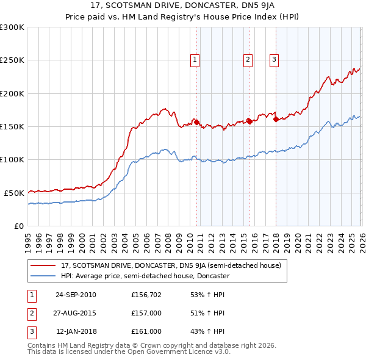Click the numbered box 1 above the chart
click(x=195, y=60)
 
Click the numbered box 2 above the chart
click(x=248, y=60)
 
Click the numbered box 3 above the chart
click(x=274, y=60)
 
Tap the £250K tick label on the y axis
click(x=12, y=60)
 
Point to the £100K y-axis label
click(x=12, y=160)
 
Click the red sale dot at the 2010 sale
click(x=196, y=122)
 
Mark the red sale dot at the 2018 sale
click(x=276, y=120)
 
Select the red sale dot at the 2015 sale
click(x=249, y=121)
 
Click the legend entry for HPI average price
click(x=145, y=276)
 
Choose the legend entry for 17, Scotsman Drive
click(x=171, y=265)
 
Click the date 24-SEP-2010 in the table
click(x=76, y=295)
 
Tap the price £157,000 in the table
click(x=146, y=313)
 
